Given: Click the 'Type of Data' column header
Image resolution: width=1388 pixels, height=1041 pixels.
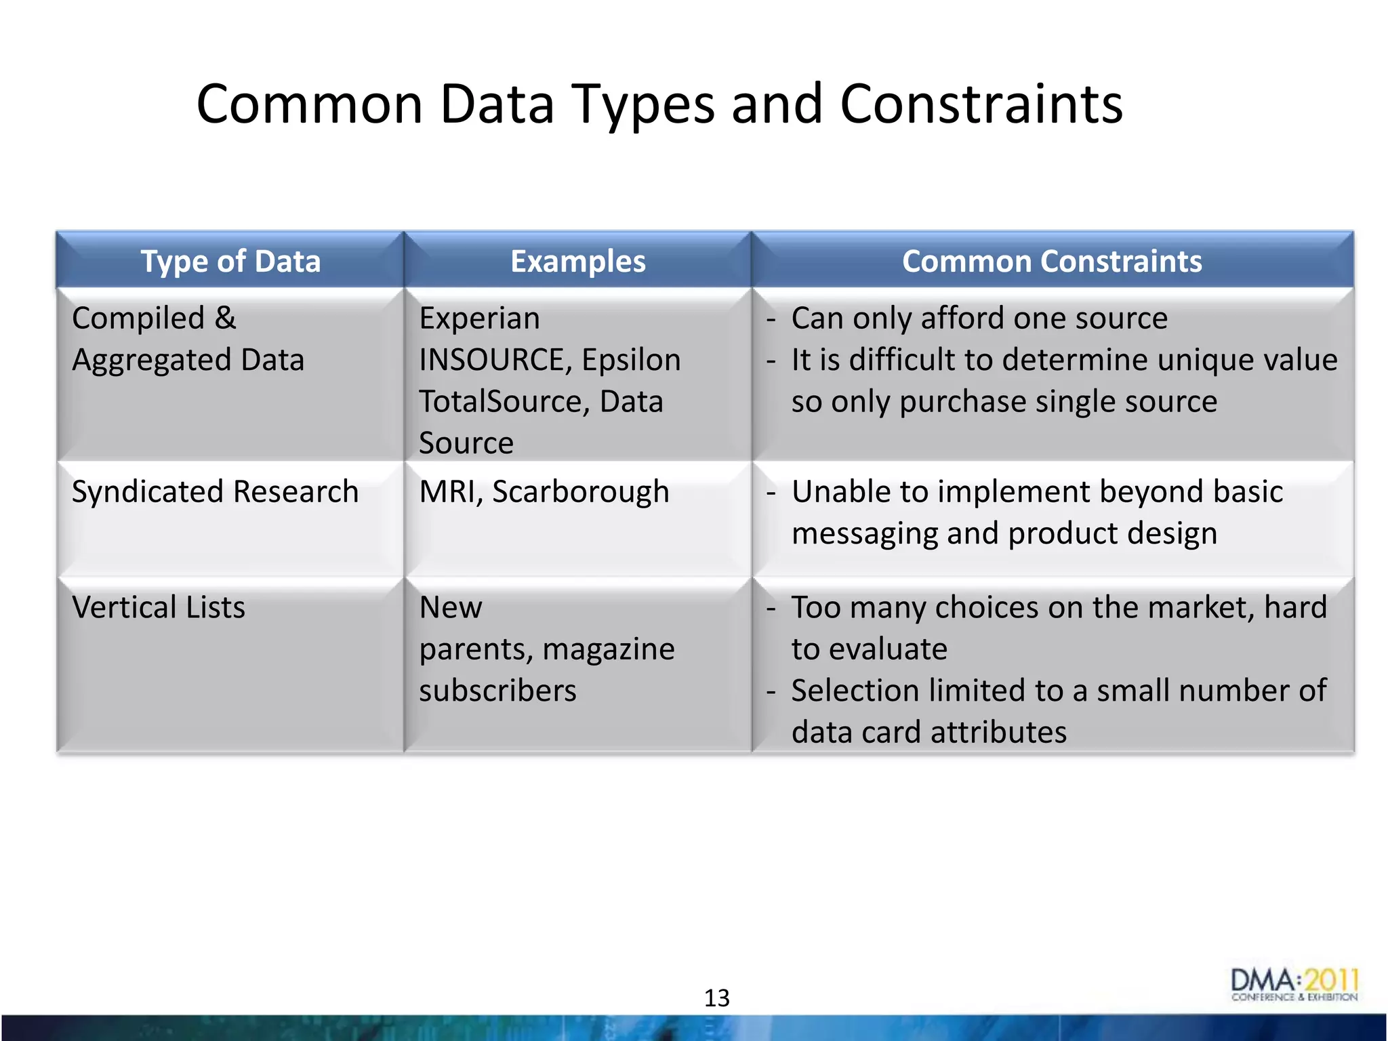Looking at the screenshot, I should coord(230,262).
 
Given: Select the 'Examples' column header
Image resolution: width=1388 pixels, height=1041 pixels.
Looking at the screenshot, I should coord(577,262).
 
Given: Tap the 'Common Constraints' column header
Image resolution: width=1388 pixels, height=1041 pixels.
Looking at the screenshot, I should coord(1052,262).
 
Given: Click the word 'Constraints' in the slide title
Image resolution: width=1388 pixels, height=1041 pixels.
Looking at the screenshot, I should coord(981,105).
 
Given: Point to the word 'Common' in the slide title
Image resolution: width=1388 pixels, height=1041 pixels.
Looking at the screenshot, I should coord(310,105).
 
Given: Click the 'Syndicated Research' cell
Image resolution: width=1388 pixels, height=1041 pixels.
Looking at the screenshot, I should coord(215,492).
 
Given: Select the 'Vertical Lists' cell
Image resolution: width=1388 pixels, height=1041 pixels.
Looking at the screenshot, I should coord(159,608).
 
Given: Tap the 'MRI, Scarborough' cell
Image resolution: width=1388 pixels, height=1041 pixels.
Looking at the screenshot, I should coord(544,492).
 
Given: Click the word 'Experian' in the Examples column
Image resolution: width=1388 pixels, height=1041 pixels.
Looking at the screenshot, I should coord(479,319).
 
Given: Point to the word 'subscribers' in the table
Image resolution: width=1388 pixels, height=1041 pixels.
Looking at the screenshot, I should coord(497,691).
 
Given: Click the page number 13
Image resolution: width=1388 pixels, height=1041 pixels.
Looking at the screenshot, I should coord(716,998).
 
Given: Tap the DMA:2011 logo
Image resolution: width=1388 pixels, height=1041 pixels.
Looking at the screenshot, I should coord(1294,985).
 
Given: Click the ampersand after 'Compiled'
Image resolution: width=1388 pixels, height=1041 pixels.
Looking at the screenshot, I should coord(226,319).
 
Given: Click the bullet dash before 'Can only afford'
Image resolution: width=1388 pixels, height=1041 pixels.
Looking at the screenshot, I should coord(771,319).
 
